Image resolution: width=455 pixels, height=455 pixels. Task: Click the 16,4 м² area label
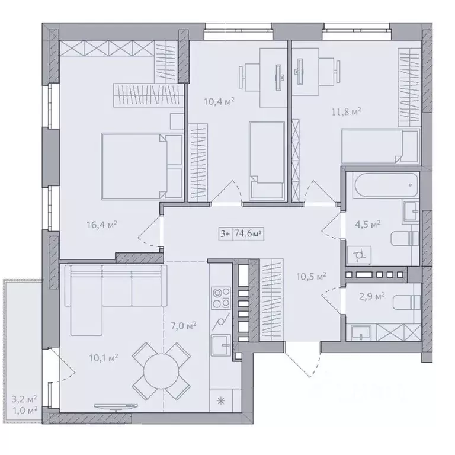[x=102, y=225]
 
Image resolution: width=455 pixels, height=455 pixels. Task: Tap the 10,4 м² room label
[x=219, y=101]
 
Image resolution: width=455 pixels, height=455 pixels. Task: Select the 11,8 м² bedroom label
[x=347, y=111]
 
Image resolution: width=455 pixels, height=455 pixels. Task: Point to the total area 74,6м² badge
[x=241, y=234]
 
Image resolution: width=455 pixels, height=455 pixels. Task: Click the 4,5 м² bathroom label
[x=368, y=225]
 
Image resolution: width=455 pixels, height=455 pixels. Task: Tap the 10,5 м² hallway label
[x=311, y=276]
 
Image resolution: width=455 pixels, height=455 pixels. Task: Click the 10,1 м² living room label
[x=103, y=358]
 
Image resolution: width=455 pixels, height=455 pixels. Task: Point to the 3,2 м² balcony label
[x=24, y=399]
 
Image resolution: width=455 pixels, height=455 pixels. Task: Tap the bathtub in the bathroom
[x=386, y=185]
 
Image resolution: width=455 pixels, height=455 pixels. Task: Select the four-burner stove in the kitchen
[x=222, y=298]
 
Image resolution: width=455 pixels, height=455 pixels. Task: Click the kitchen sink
[x=222, y=345]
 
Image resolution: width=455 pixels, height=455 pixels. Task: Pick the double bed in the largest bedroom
[x=142, y=166]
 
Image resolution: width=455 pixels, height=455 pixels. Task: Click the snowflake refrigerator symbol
[x=221, y=401]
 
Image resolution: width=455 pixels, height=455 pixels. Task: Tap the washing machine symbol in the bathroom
[x=359, y=255]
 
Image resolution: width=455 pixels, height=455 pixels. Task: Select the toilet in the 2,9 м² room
[x=406, y=303]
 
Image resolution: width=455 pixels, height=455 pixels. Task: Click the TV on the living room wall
[x=116, y=406]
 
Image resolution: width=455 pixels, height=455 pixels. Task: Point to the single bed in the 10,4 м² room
[x=267, y=161]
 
